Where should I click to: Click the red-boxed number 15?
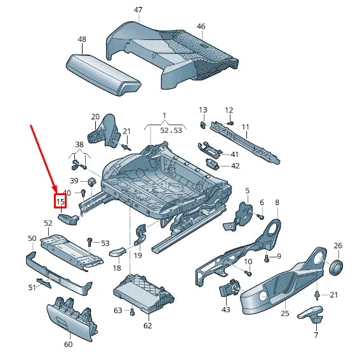pyautogui.click(x=60, y=201)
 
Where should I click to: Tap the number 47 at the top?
pyautogui.click(x=138, y=10)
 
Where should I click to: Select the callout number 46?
pyautogui.click(x=201, y=26)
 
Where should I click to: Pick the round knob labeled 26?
pyautogui.click(x=337, y=266)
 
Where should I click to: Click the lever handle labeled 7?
pyautogui.click(x=311, y=313)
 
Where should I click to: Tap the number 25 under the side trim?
pyautogui.click(x=285, y=313)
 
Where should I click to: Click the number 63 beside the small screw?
pyautogui.click(x=118, y=310)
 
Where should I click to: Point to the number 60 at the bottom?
pyautogui.click(x=69, y=344)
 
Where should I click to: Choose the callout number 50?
pyautogui.click(x=32, y=238)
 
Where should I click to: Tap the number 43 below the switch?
pyautogui.click(x=226, y=310)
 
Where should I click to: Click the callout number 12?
pyautogui.click(x=229, y=110)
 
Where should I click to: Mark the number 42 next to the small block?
pyautogui.click(x=235, y=166)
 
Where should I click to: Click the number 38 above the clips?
pyautogui.click(x=79, y=144)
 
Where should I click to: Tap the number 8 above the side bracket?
pyautogui.click(x=277, y=203)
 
